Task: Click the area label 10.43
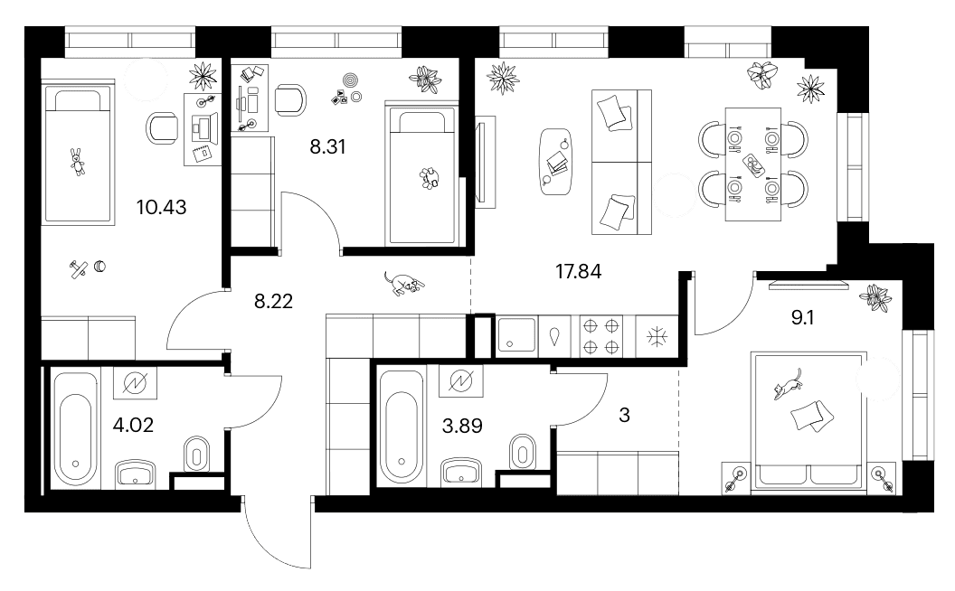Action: [x=161, y=208]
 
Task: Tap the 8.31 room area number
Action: [x=327, y=146]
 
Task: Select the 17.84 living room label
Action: [x=578, y=271]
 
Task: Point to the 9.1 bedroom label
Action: [x=802, y=318]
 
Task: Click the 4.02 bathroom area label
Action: [x=133, y=425]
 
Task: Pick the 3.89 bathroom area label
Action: [x=462, y=426]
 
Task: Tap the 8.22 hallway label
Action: [x=273, y=301]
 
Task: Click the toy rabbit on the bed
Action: [x=77, y=161]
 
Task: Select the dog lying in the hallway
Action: [x=403, y=283]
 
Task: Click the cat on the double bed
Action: [x=787, y=385]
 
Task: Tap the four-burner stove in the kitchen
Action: [x=600, y=336]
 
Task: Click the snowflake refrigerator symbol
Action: [x=657, y=336]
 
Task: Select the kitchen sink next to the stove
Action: [x=516, y=335]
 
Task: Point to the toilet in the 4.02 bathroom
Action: [x=196, y=454]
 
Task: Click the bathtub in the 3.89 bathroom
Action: [x=402, y=427]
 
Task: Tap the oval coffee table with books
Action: [x=555, y=162]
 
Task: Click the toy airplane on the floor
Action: [x=78, y=269]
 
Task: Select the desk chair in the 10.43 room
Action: [x=162, y=129]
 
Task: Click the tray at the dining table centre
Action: [x=753, y=165]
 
